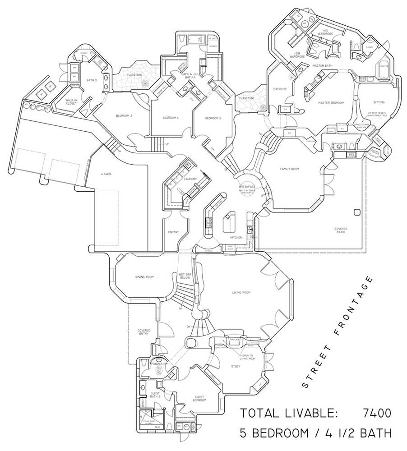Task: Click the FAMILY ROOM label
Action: (290, 169)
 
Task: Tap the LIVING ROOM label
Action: (241, 293)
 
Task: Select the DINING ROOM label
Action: (144, 277)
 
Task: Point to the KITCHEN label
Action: (236, 237)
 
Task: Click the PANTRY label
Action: (173, 232)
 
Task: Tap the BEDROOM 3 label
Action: (124, 116)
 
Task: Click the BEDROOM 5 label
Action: (213, 118)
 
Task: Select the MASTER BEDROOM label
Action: (331, 103)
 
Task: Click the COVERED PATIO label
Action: (341, 230)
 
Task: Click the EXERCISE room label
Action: (280, 89)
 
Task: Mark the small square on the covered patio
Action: (357, 212)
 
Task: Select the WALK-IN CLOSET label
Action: (71, 101)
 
